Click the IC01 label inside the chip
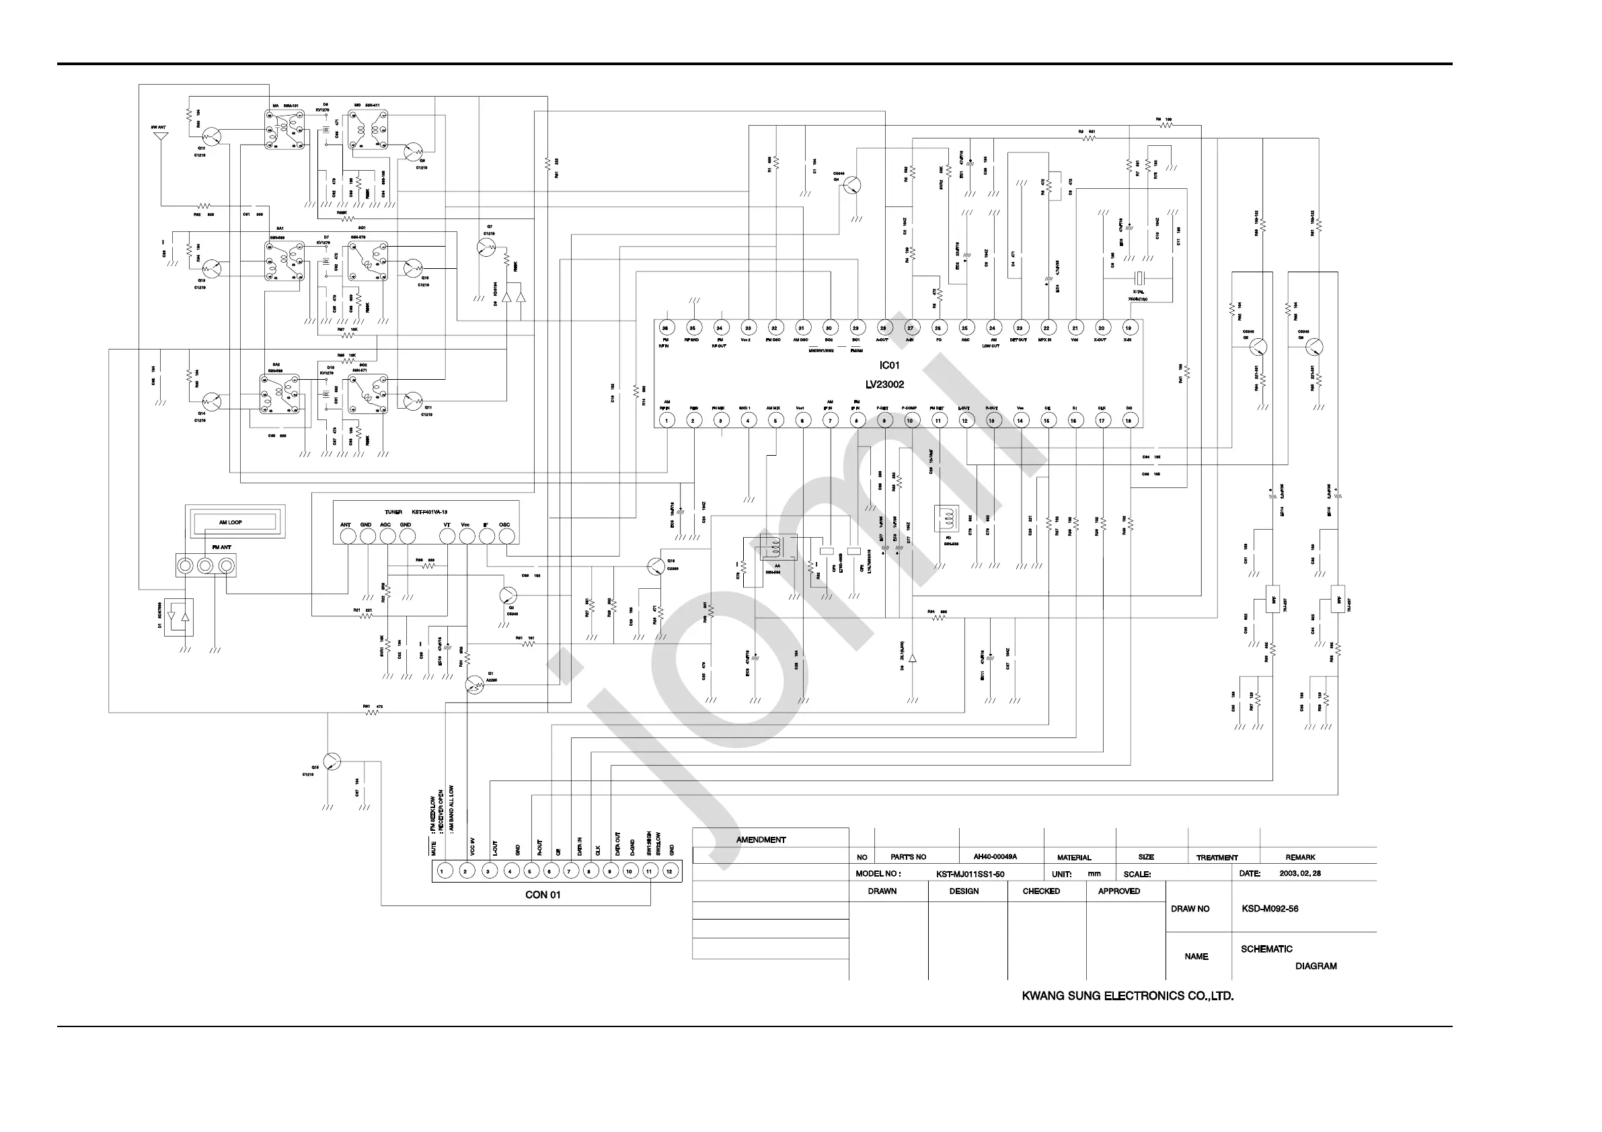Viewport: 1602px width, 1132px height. [889, 366]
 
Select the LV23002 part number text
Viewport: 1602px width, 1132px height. [884, 385]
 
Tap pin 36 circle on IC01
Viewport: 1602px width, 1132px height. [665, 328]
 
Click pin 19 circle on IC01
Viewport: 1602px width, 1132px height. [1129, 328]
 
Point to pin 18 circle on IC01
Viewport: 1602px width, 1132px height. [1129, 420]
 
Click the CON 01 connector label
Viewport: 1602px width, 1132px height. [543, 895]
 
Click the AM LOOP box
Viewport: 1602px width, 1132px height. [230, 522]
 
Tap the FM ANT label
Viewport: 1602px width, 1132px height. [221, 548]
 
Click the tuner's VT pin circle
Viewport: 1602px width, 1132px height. [447, 536]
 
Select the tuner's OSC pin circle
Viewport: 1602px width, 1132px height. [506, 536]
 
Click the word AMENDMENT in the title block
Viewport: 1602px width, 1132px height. [761, 840]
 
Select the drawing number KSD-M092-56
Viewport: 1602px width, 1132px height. [1270, 909]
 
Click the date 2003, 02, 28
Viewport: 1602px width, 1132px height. [1300, 873]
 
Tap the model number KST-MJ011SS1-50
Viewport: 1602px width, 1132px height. [970, 874]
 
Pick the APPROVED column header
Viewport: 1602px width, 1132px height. [1118, 891]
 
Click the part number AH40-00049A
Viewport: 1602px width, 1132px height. [995, 856]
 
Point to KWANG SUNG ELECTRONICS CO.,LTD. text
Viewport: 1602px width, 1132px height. [1128, 996]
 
